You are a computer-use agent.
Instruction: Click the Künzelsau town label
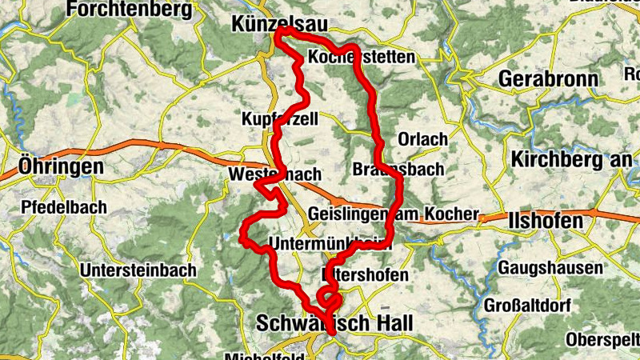pyautogui.click(x=278, y=26)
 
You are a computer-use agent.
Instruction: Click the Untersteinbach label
pyautogui.click(x=138, y=270)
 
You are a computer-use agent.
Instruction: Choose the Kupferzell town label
pyautogui.click(x=280, y=118)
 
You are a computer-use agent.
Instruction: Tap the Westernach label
pyautogui.click(x=274, y=174)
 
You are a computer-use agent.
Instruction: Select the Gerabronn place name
pyautogui.click(x=548, y=78)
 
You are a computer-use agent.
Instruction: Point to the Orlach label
pyautogui.click(x=422, y=139)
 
